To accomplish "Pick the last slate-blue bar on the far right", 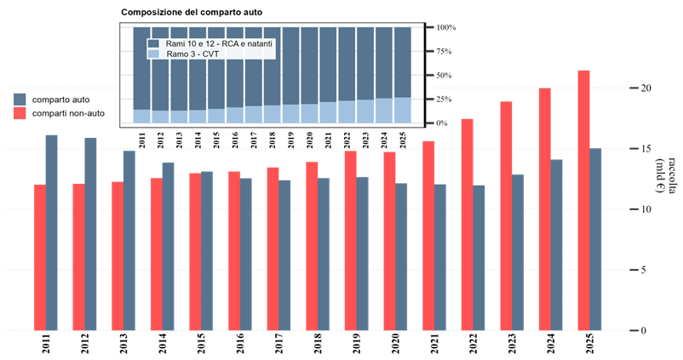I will click(596, 239).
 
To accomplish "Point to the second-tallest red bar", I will click(544, 209).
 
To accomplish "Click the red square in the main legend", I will click(20, 113).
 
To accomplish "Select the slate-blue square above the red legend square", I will click(20, 100).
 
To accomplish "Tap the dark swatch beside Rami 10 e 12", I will click(153, 43).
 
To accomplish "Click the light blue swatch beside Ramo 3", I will click(153, 54).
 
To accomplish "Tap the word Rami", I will click(175, 43).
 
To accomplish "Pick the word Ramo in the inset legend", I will click(176, 54).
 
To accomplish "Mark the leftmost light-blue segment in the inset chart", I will click(141, 116).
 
